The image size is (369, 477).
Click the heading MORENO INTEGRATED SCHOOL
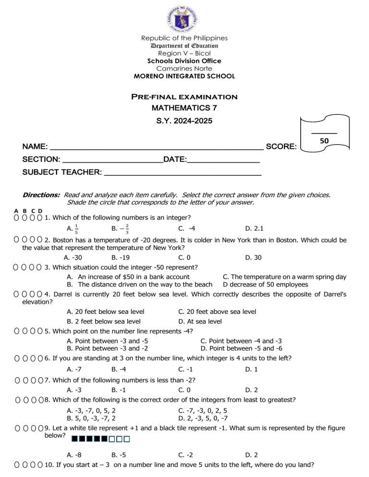184,76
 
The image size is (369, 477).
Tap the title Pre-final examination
184,97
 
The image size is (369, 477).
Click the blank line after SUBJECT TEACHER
183,175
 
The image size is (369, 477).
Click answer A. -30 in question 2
74,258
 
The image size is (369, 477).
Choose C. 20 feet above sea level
217,311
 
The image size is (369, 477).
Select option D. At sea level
199,321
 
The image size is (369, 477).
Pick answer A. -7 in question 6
74,370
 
